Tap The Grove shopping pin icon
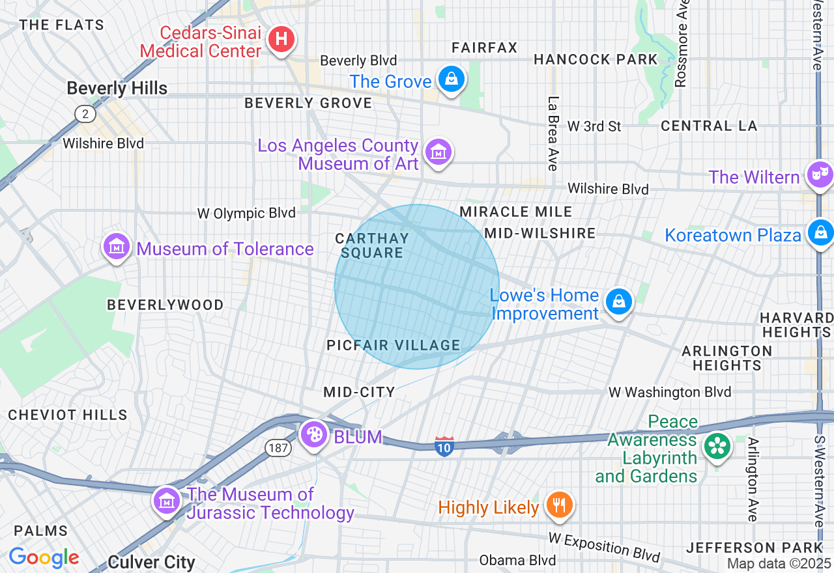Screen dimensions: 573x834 (x=450, y=80)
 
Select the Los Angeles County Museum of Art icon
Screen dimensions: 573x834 (x=438, y=153)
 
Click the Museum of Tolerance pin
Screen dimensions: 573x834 (x=117, y=247)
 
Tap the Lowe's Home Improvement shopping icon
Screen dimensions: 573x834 (x=618, y=302)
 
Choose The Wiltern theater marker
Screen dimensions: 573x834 (x=818, y=175)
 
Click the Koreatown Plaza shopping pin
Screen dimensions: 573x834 (x=820, y=233)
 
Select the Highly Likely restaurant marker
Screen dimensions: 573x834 (x=558, y=505)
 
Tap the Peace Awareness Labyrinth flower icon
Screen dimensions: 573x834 (x=717, y=447)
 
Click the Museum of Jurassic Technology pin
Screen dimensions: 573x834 (x=167, y=501)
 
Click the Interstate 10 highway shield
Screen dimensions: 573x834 (x=444, y=446)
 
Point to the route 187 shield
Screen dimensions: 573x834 (x=276, y=447)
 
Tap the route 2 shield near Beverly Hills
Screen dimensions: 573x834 (x=85, y=115)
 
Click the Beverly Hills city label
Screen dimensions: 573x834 (x=117, y=89)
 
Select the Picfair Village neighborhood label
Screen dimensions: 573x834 (x=394, y=345)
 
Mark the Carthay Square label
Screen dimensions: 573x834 (x=372, y=245)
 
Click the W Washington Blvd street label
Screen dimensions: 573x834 (x=670, y=392)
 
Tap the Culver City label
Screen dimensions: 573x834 (x=151, y=562)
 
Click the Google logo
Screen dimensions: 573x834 (x=44, y=557)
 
